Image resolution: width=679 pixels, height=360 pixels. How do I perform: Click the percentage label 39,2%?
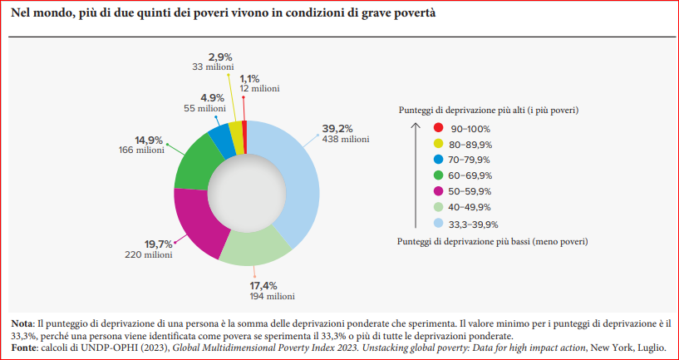pos(337,128)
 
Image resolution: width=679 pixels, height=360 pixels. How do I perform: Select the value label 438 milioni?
pos(345,139)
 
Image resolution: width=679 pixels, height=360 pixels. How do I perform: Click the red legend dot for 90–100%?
pos(437,128)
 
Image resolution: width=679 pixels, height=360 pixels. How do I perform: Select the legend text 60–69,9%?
pos(470,175)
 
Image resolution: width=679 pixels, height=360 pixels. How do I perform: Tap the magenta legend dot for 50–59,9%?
pos(437,191)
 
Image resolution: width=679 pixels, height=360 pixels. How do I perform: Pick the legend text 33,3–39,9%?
pos(474,223)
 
